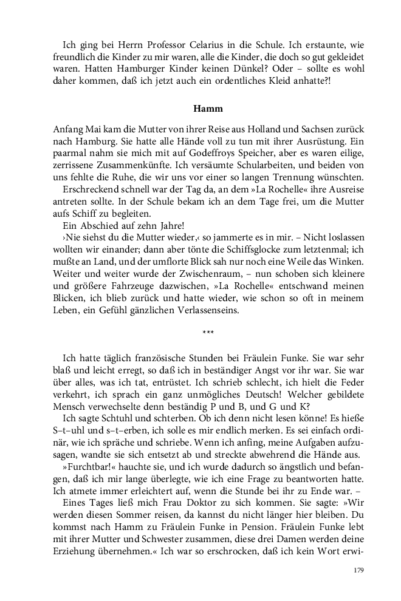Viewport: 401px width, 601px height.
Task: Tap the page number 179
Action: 358,571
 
